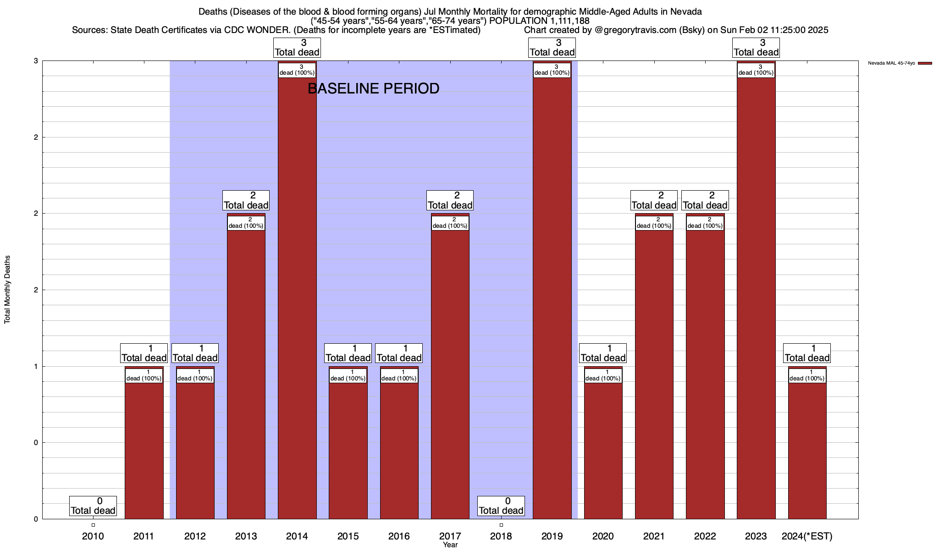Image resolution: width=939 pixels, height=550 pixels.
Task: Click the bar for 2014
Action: (x=297, y=293)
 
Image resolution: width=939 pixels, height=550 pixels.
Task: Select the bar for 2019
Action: (x=552, y=293)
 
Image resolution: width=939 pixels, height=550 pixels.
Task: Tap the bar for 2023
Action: (x=756, y=293)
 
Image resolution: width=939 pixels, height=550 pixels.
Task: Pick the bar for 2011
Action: (x=144, y=445)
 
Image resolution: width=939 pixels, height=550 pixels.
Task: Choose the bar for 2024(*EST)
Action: (x=807, y=445)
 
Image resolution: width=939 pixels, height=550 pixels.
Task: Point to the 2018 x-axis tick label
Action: (x=501, y=536)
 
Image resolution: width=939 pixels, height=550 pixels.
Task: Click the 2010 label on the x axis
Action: (x=93, y=536)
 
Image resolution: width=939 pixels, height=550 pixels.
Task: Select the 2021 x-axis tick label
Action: (x=654, y=536)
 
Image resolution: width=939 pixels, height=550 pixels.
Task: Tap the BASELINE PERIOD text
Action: (x=373, y=88)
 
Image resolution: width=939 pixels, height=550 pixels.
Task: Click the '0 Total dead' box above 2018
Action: (x=501, y=506)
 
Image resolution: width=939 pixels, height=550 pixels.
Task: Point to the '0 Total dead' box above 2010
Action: (x=93, y=506)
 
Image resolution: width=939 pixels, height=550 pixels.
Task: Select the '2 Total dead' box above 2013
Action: (x=246, y=200)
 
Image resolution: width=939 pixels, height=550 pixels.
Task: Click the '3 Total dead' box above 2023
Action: (x=756, y=48)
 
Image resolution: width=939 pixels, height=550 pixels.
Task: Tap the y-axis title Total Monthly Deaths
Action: (x=7, y=290)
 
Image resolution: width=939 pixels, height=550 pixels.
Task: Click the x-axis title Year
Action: (x=450, y=545)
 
